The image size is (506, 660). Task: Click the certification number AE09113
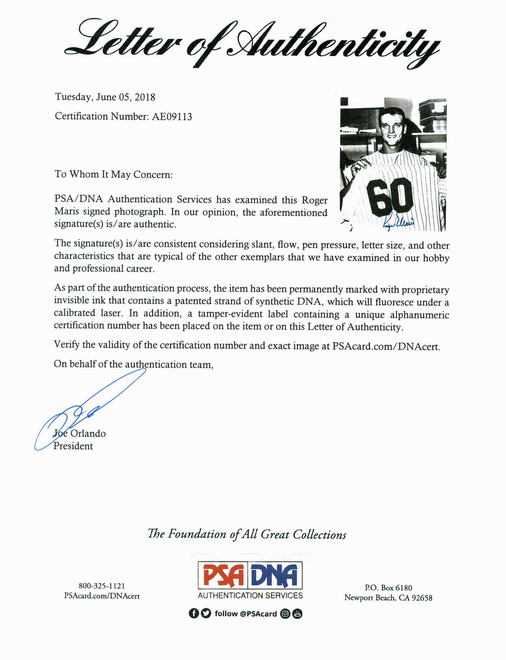click(x=172, y=116)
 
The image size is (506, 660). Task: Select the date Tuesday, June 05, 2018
click(x=105, y=97)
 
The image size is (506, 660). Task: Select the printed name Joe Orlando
click(x=80, y=433)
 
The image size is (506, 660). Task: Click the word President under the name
click(x=73, y=446)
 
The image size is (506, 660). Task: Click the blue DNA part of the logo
click(x=275, y=576)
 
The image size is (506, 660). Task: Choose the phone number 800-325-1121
click(x=102, y=586)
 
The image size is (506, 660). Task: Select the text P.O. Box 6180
click(x=388, y=588)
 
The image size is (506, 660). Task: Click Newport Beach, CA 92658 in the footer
click(x=388, y=598)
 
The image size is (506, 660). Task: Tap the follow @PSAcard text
click(x=246, y=614)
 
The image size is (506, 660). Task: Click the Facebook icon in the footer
click(x=193, y=614)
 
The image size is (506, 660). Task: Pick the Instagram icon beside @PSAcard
click(x=285, y=614)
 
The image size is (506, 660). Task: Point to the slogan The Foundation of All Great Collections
click(x=247, y=534)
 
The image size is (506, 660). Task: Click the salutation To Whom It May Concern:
click(x=114, y=175)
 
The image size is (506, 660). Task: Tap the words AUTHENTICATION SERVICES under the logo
click(x=250, y=596)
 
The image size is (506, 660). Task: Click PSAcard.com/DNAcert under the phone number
click(x=102, y=596)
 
